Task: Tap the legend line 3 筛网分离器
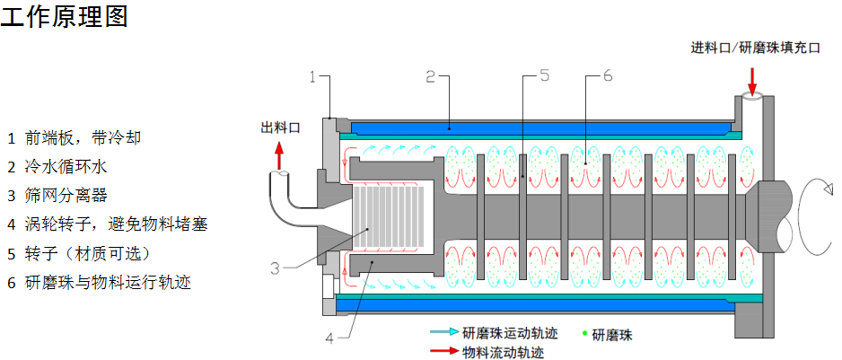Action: coord(63,195)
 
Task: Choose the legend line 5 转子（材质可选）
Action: coord(84,252)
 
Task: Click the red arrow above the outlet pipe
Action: coord(278,156)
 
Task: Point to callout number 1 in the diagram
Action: coord(312,77)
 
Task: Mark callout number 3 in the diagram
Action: coord(276,268)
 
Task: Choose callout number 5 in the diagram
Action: coord(545,77)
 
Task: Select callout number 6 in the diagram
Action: coord(607,77)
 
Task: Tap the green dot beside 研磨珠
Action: coord(584,334)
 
